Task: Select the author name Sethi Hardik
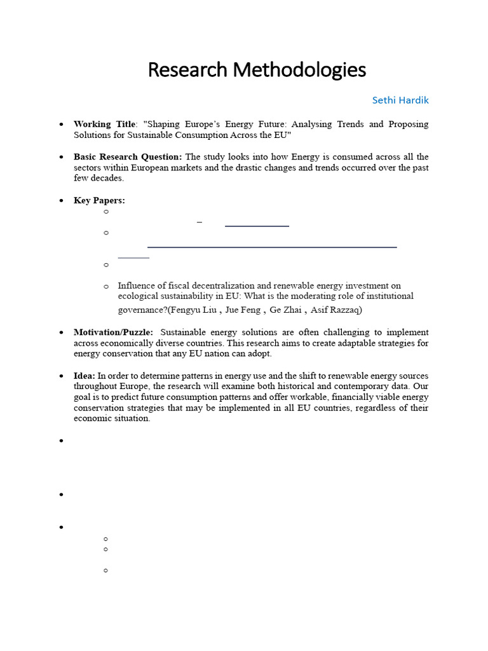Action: pos(400,100)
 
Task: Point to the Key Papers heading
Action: pos(99,200)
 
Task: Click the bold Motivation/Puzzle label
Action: pos(113,332)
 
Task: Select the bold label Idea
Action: pos(84,376)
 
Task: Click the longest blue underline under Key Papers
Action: pos(272,247)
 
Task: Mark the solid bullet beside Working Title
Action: pos(61,125)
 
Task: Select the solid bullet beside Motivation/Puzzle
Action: pos(61,333)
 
